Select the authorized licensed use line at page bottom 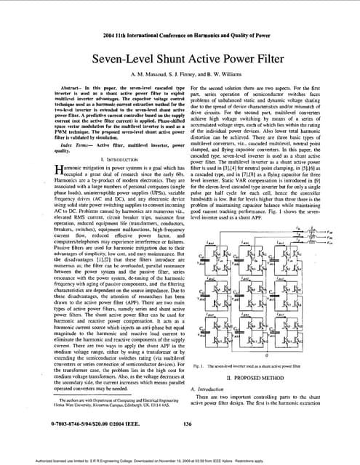click(180, 458)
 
